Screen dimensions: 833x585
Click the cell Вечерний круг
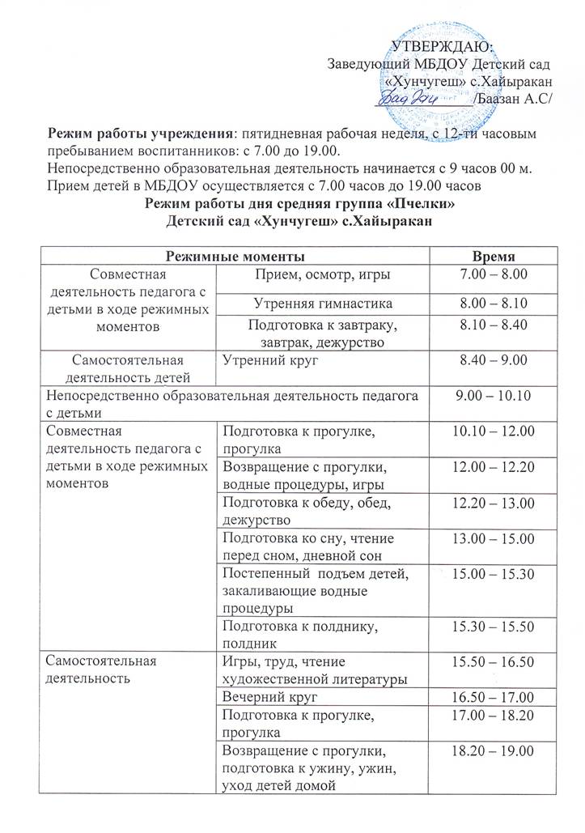[x=260, y=695]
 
